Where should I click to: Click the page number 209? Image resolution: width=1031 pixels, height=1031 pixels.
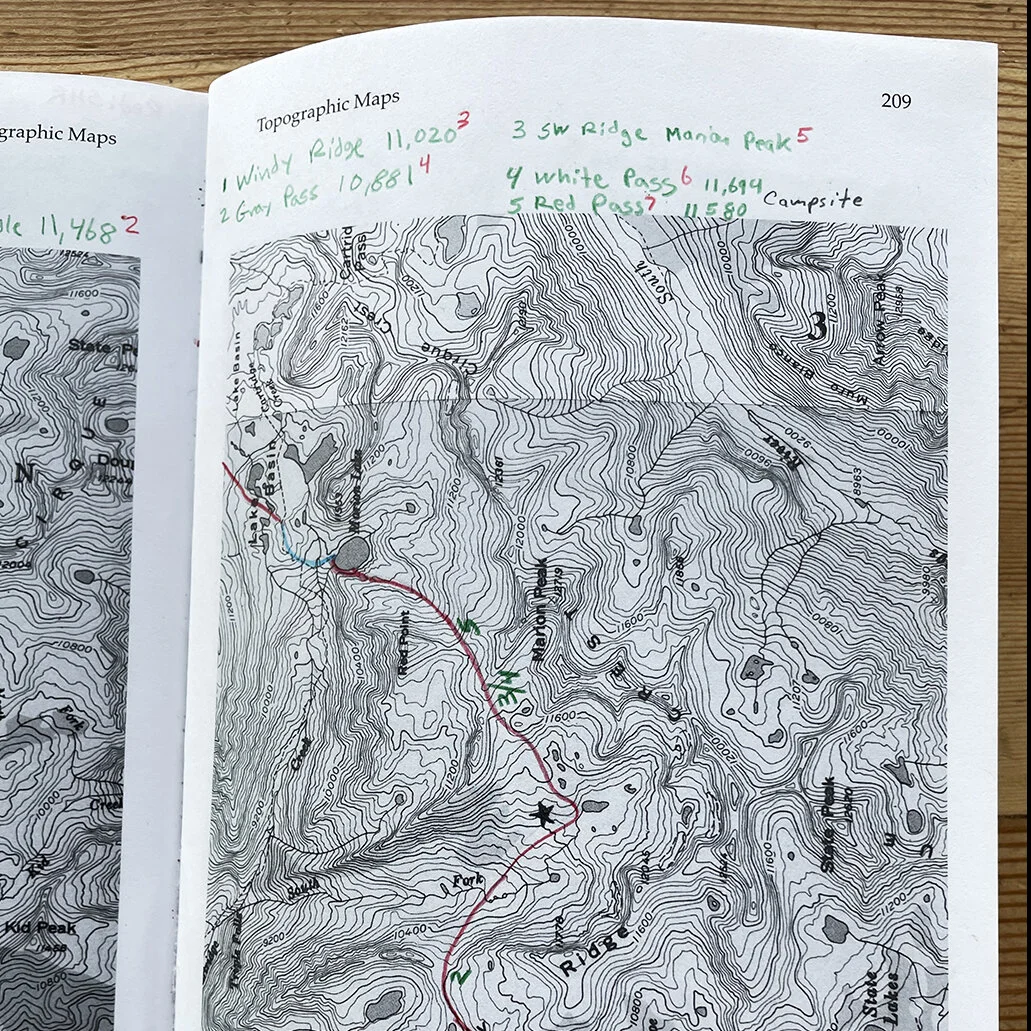coord(895,101)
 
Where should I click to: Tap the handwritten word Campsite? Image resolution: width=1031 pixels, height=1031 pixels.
coord(812,199)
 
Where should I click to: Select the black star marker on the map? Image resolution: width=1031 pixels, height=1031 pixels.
coord(544,815)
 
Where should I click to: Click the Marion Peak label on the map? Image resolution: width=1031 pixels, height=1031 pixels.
coord(541,623)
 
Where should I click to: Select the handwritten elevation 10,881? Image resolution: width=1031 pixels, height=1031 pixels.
coord(376,175)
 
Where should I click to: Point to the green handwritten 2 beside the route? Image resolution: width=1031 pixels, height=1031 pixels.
coord(461,974)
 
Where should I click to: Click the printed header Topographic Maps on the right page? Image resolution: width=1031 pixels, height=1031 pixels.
coord(328,110)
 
